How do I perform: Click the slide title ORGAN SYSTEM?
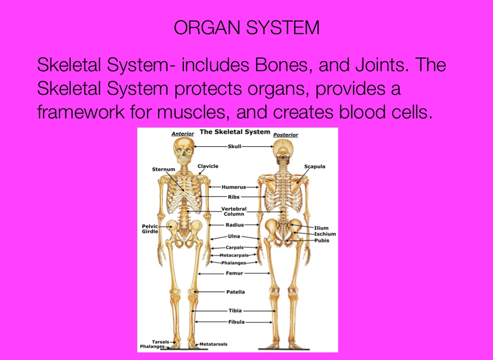(x=246, y=27)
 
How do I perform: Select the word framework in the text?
(x=81, y=112)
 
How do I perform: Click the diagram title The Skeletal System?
(x=235, y=132)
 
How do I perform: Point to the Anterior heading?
(x=182, y=134)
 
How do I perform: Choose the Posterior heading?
(x=285, y=135)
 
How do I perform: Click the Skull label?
(x=234, y=146)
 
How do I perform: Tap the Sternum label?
(x=164, y=169)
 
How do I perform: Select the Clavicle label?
(x=208, y=166)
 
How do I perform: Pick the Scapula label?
(x=315, y=167)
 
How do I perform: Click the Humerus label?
(x=234, y=187)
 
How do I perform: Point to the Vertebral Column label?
(x=234, y=211)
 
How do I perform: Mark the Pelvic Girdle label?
(x=150, y=229)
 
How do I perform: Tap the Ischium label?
(x=325, y=234)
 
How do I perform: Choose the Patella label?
(x=235, y=292)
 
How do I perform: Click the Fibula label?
(x=236, y=322)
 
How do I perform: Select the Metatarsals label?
(x=213, y=344)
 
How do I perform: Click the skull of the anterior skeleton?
(x=183, y=151)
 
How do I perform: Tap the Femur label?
(x=234, y=273)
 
